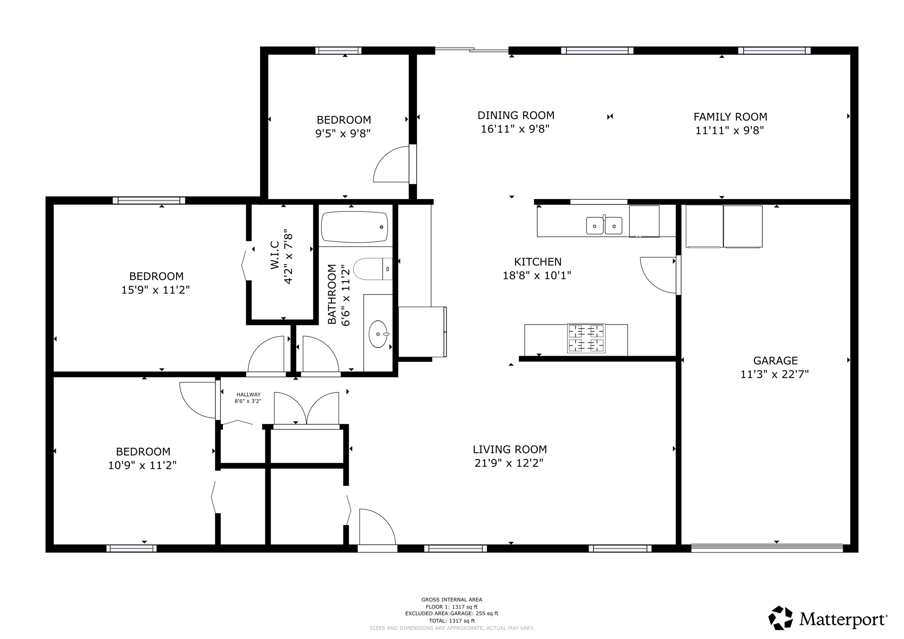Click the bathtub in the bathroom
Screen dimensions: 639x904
click(354, 227)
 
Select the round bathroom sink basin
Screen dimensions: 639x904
click(378, 335)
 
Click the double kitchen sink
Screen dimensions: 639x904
click(604, 226)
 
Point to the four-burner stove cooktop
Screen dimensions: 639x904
click(586, 338)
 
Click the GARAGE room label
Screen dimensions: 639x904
click(775, 361)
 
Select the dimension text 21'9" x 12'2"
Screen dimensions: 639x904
click(508, 463)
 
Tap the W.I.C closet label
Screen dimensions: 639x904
click(275, 255)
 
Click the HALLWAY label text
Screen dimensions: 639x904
click(249, 395)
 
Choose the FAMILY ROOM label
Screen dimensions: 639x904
click(730, 117)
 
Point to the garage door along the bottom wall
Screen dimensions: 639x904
click(767, 548)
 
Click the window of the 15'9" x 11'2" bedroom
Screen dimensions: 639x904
click(149, 200)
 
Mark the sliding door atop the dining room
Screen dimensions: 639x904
click(471, 50)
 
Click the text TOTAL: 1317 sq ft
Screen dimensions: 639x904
click(452, 620)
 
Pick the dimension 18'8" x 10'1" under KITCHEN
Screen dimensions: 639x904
click(537, 276)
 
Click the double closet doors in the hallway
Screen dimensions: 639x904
click(306, 410)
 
